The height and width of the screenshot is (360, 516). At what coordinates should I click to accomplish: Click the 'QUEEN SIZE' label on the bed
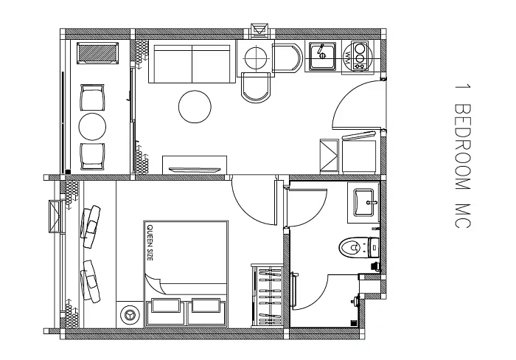point(150,243)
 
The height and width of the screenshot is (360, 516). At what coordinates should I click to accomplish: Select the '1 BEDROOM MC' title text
point(463,156)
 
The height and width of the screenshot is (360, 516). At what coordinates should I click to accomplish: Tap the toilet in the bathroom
point(359,247)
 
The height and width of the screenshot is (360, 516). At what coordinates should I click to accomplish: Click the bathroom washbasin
point(364,203)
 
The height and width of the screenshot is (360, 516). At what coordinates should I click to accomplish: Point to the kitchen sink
point(323,55)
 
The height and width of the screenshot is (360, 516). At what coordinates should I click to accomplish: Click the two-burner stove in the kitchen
point(360,55)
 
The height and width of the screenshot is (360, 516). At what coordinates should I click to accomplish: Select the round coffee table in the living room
point(195,107)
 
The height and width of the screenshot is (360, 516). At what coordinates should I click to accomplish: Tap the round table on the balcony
point(92,126)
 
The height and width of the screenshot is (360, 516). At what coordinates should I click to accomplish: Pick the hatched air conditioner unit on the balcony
point(98,52)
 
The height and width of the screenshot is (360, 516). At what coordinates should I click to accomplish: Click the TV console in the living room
point(195,165)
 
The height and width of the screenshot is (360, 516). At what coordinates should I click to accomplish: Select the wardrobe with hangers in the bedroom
point(267,295)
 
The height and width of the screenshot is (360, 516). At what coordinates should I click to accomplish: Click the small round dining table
point(255,58)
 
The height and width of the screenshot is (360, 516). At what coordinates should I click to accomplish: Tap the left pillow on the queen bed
point(165,306)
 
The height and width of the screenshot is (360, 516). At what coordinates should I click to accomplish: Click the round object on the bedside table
point(129,315)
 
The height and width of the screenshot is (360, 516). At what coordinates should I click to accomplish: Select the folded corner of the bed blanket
point(154,283)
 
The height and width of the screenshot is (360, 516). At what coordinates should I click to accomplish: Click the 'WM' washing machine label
point(347,57)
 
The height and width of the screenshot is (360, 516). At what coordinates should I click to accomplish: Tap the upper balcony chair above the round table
point(92,98)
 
